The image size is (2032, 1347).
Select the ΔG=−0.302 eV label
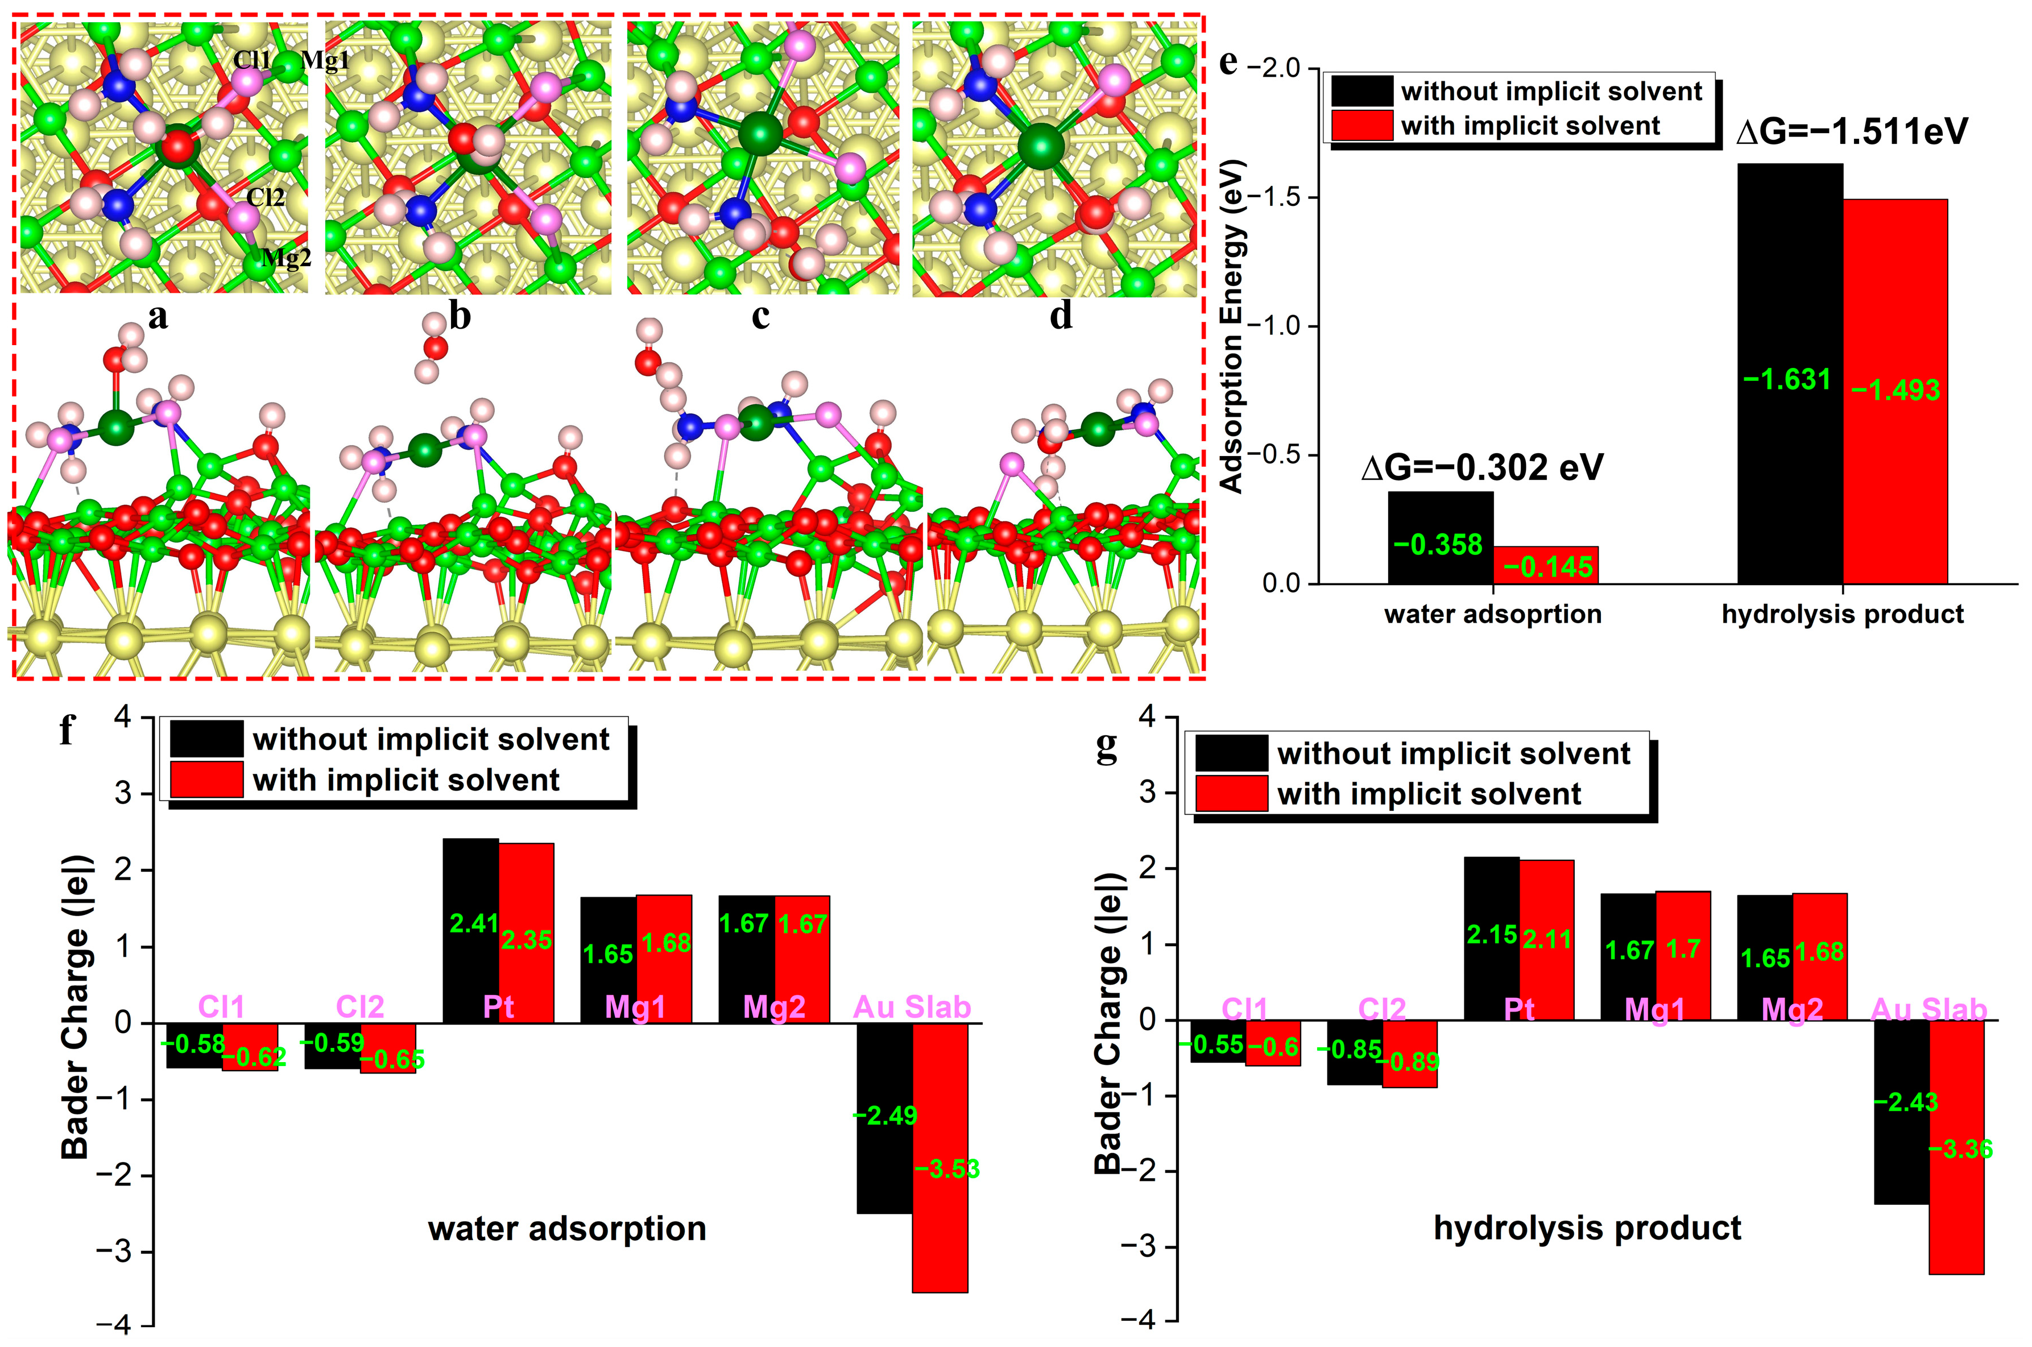coord(1482,468)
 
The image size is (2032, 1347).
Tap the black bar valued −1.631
coord(1790,374)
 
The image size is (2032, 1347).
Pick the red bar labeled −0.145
coord(1546,565)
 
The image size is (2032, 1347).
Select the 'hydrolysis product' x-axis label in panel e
coord(1842,614)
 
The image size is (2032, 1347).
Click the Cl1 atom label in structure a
coord(252,59)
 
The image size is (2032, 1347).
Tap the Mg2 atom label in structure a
coord(286,257)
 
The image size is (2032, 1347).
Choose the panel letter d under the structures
coord(1061,316)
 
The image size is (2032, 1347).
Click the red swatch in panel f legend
coord(206,780)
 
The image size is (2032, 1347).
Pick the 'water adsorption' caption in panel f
coord(567,1229)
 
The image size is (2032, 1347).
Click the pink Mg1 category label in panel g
coord(1655,1009)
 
